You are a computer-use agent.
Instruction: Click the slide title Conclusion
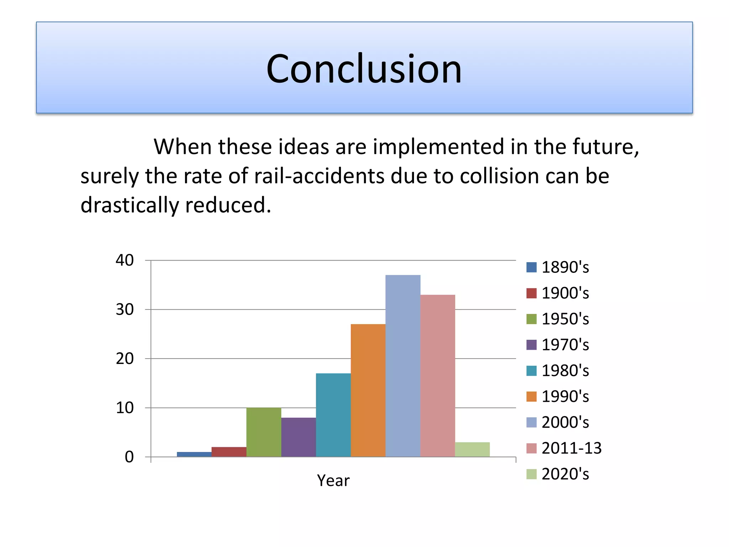pos(364,69)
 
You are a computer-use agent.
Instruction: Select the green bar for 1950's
pos(263,432)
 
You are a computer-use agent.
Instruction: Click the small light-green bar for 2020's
pos(472,449)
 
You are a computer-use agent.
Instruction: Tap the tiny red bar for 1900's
pos(229,452)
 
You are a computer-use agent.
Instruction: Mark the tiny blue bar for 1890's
pos(194,454)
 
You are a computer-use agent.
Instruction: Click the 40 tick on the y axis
pos(125,260)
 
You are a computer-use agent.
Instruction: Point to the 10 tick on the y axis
pos(125,408)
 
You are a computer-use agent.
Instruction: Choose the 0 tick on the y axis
pos(129,457)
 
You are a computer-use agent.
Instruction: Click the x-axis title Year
pos(333,480)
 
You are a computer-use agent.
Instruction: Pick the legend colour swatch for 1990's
pos(531,396)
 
